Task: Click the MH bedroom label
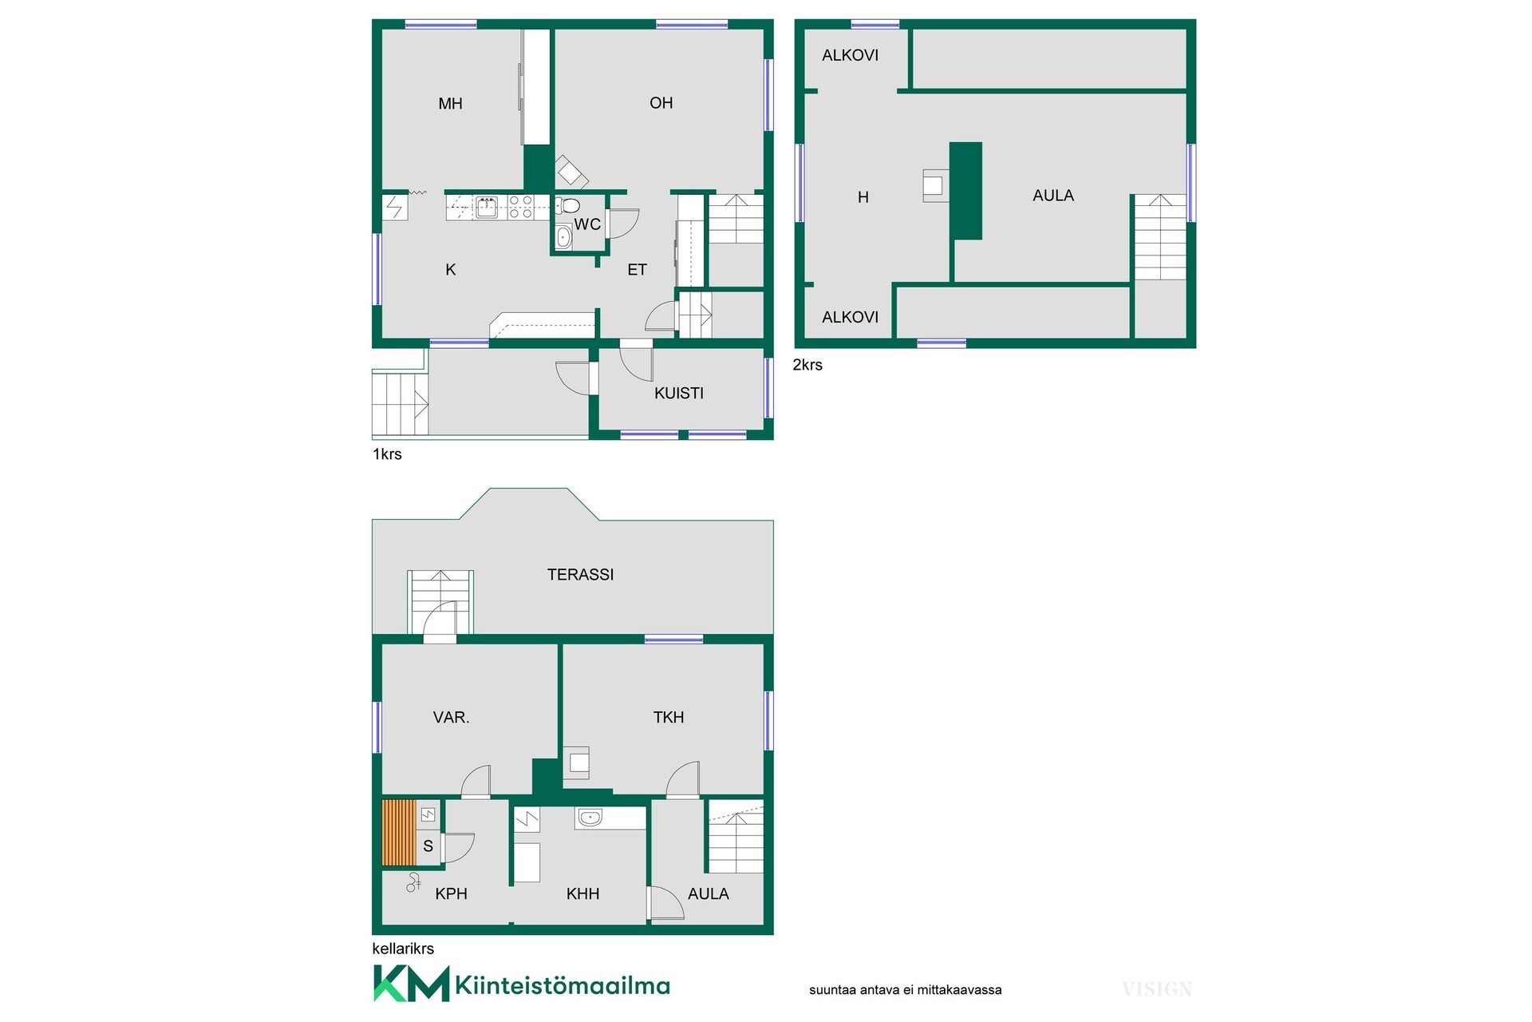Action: tap(450, 103)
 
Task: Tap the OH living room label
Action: tap(661, 102)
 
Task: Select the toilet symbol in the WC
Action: tap(567, 205)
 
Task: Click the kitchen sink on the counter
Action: tap(486, 208)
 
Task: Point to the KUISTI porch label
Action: tap(679, 393)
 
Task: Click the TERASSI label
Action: tap(580, 574)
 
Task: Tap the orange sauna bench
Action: tap(399, 833)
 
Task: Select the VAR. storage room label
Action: tap(451, 717)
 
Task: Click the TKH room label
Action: tap(668, 717)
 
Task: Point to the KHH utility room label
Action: tap(582, 893)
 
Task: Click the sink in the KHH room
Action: tap(589, 818)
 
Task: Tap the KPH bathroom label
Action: tap(451, 893)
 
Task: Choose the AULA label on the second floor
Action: tap(1053, 195)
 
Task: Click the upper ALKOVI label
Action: tap(850, 55)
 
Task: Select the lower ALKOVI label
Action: tap(850, 317)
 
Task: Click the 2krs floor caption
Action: tap(807, 365)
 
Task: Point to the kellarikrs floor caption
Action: tap(403, 949)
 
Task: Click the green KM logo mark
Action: tap(411, 984)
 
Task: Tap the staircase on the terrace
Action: tap(440, 602)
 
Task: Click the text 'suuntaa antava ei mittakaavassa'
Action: tap(905, 990)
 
